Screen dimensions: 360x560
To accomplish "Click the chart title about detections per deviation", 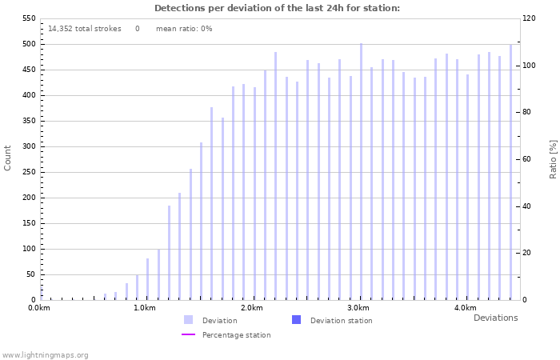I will coord(277,8).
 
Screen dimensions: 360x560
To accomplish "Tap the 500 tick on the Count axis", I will coord(29,44).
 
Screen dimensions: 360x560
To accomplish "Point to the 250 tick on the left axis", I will coord(29,172).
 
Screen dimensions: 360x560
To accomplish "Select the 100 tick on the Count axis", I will coord(29,249).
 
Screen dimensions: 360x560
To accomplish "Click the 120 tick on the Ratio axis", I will coord(530,18).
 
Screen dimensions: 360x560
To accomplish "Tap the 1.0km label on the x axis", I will coord(145,308).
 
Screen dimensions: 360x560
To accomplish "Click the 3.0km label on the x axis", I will coord(358,308).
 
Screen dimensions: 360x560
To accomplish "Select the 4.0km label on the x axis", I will coord(465,308).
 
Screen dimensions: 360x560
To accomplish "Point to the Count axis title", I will coord(8,158).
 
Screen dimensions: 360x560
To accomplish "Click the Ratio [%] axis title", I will coord(553,158).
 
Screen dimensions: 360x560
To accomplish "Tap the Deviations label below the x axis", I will coord(495,318).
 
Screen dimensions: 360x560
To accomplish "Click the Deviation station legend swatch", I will coord(297,320).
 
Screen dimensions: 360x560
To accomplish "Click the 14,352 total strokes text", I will coord(85,29).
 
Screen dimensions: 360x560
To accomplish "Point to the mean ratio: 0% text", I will coord(184,29).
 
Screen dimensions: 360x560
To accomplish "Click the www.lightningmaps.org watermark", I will coord(46,355).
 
